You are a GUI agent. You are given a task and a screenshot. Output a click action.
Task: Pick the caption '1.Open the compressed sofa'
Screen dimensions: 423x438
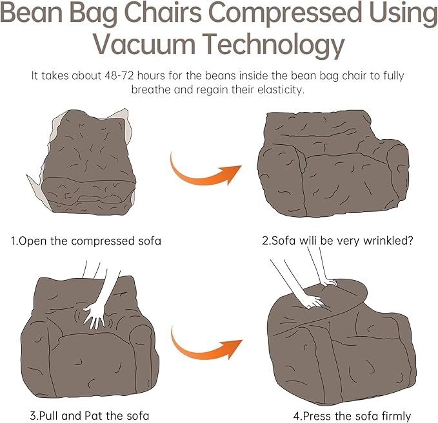(x=86, y=241)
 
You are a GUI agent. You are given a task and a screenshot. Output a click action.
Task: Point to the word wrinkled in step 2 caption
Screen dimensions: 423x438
(x=387, y=241)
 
